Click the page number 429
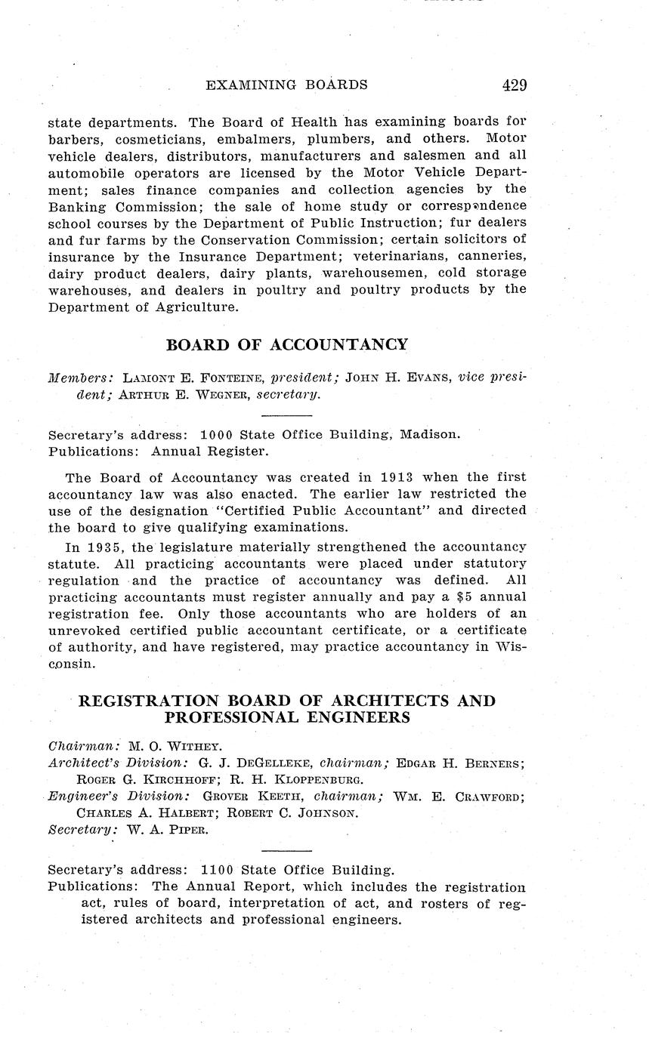514,85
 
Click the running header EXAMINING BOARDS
286,85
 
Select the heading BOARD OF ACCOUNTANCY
286,345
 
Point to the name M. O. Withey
174,746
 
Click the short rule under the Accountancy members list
286,415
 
